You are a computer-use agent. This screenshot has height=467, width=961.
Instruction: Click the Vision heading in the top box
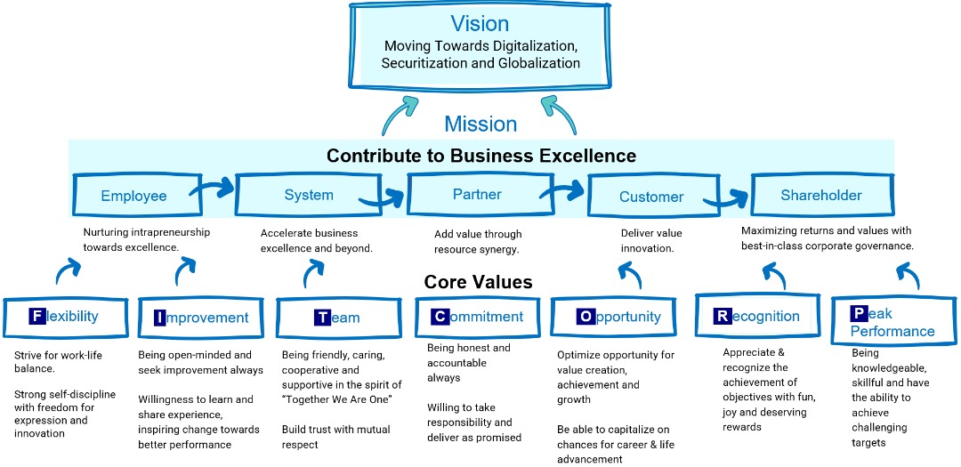coord(480,23)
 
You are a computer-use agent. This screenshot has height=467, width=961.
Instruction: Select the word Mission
coord(480,124)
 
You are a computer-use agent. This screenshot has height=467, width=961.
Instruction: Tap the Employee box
coord(133,197)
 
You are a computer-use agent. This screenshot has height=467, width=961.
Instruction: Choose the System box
coord(309,196)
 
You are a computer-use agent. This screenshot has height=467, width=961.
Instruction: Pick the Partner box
coord(477,194)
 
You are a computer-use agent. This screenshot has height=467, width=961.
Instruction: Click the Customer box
coord(651,197)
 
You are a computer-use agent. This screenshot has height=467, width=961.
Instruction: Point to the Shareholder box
coord(821,195)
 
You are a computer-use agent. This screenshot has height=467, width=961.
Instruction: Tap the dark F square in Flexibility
coord(37,316)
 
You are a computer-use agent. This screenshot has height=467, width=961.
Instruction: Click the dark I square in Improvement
coord(159,318)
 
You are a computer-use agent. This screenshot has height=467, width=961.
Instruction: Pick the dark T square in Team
coord(322,318)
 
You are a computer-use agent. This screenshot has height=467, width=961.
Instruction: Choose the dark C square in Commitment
coord(440,317)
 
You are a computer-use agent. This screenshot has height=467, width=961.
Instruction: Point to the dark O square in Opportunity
coord(585,316)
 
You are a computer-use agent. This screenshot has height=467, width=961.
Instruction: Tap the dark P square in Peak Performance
coord(858,313)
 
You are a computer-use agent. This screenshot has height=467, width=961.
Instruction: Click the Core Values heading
coord(478,282)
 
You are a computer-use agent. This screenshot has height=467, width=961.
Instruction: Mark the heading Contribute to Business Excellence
coord(481,156)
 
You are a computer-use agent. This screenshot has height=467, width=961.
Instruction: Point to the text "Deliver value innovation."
coord(651,240)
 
